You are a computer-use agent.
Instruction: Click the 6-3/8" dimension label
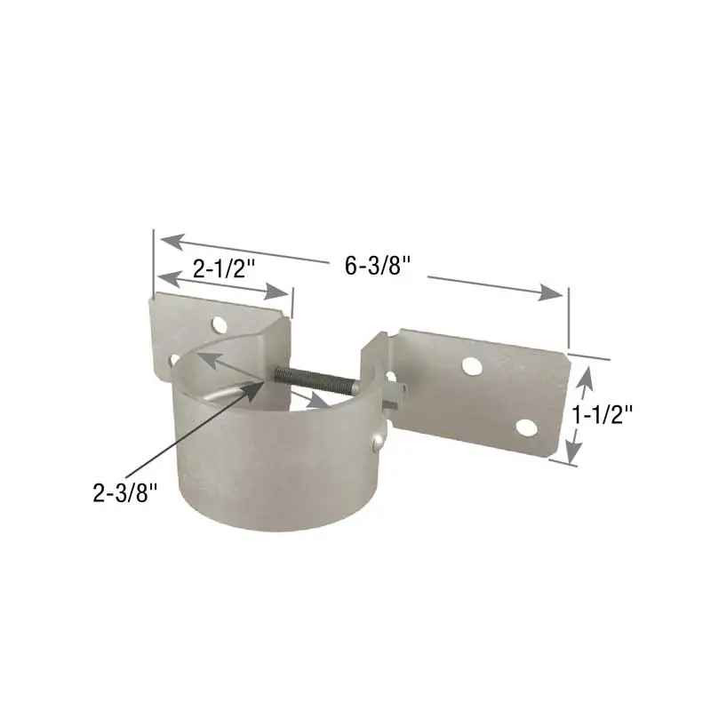(x=378, y=266)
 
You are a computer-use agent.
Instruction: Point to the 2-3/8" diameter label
(x=125, y=493)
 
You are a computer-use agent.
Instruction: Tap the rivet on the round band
(x=378, y=438)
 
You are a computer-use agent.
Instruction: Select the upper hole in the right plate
(x=472, y=363)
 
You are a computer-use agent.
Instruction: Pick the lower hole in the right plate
(x=525, y=427)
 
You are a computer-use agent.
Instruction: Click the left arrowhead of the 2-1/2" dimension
(x=163, y=279)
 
